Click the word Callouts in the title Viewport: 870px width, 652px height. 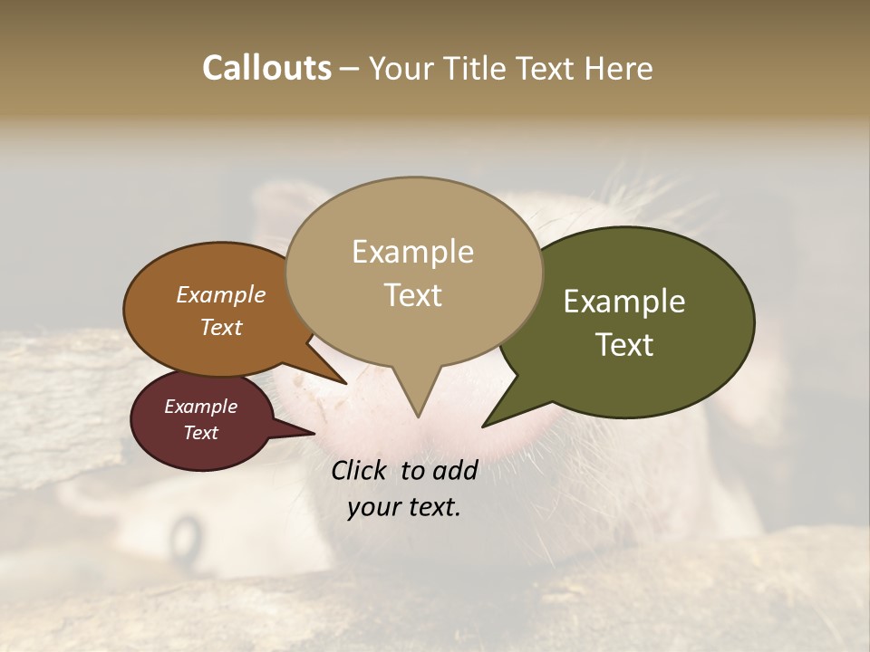(266, 68)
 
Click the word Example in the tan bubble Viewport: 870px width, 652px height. (412, 252)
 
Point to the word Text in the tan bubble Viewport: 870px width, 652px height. (412, 294)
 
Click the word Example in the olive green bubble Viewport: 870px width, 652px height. (624, 302)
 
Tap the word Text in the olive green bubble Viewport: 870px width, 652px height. (624, 344)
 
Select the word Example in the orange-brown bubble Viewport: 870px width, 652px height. (220, 295)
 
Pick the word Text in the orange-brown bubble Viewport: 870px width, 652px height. (220, 327)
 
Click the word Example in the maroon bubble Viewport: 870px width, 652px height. (200, 407)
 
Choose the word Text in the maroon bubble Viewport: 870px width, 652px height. (200, 433)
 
